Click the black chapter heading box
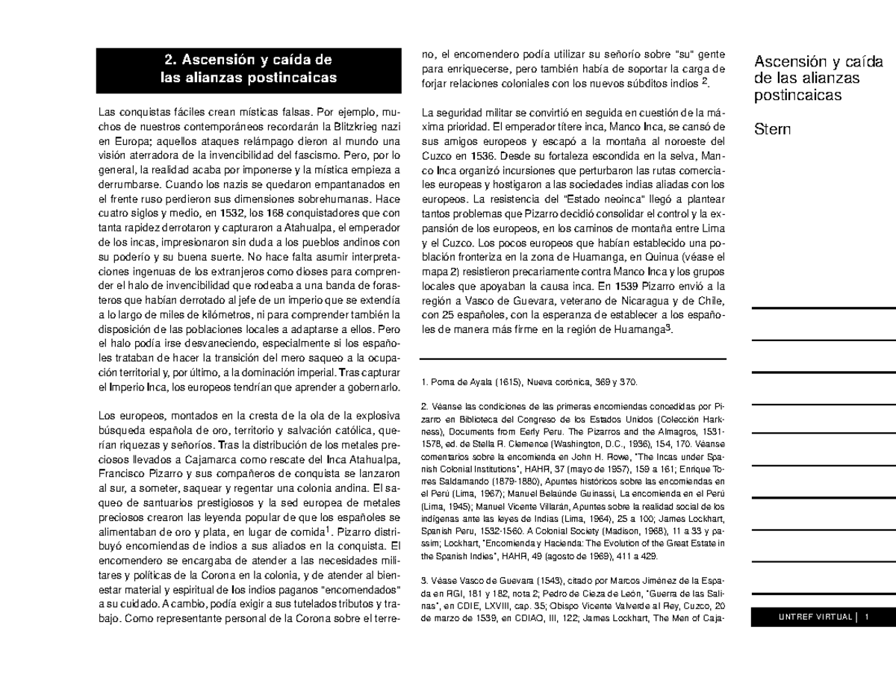(249, 69)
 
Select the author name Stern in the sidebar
(773, 130)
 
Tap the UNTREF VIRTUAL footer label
(815, 617)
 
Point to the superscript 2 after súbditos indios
(706, 81)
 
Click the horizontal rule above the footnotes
(573, 360)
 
